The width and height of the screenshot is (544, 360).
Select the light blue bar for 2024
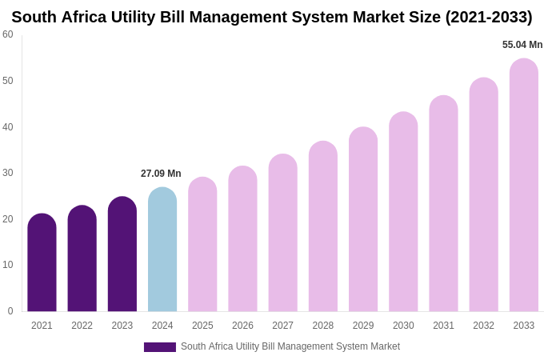click(x=162, y=250)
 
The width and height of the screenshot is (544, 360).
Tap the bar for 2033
click(x=524, y=185)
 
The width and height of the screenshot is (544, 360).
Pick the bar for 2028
click(x=323, y=226)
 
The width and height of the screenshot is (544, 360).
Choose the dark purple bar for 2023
click(x=122, y=254)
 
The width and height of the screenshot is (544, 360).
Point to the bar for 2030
click(x=403, y=212)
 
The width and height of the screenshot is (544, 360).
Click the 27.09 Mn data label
click(x=161, y=174)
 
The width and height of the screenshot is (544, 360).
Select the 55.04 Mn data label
click(x=522, y=45)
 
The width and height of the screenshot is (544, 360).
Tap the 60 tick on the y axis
click(x=8, y=34)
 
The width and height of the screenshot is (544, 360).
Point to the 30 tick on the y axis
click(x=8, y=173)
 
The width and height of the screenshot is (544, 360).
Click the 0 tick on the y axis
click(x=10, y=311)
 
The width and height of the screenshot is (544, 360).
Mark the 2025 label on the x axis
click(x=202, y=326)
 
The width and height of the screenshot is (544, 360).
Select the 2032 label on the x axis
click(x=483, y=326)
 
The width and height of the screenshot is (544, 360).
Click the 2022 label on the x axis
click(x=82, y=326)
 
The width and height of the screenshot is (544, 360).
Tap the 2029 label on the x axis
click(x=363, y=326)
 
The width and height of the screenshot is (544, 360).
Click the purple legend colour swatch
click(x=160, y=347)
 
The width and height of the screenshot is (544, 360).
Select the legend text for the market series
click(x=290, y=346)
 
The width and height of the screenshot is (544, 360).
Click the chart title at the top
click(x=272, y=17)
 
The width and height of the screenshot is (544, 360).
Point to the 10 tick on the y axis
click(x=8, y=265)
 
